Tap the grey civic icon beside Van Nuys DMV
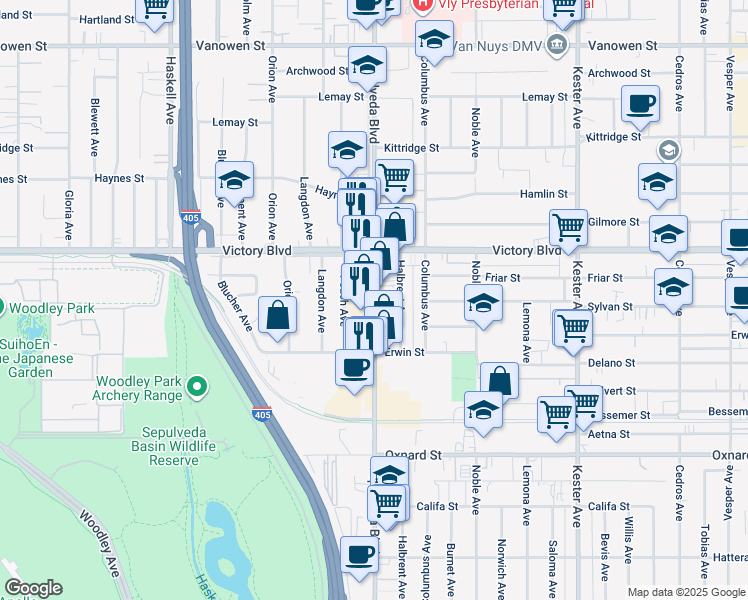pos(557,46)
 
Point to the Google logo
pos(33,588)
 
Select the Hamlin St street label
pos(544,194)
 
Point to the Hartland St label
pos(106,19)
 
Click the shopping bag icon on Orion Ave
pos(277,315)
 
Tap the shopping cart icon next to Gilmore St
pos(568,226)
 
